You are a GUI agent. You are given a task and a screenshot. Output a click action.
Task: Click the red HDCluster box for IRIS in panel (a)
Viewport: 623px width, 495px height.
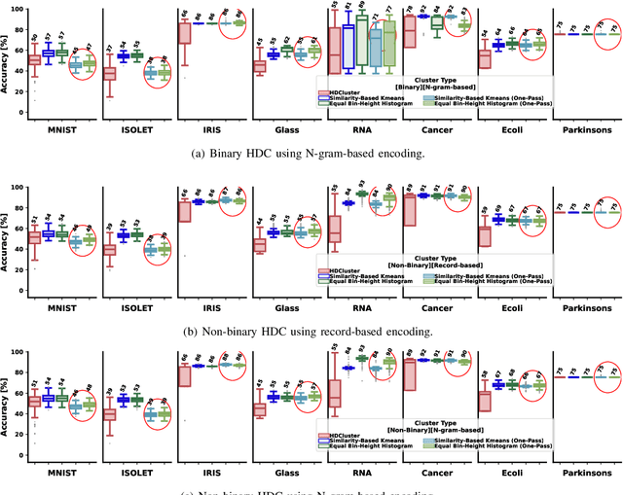[184, 33]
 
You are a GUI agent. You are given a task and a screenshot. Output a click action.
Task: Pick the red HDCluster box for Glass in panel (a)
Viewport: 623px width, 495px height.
[259, 66]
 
